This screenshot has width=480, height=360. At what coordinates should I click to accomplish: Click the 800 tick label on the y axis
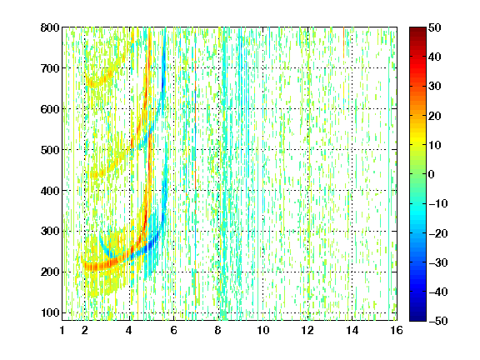pyautogui.click(x=50, y=27)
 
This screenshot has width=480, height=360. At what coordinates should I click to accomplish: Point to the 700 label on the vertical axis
pyautogui.click(x=50, y=68)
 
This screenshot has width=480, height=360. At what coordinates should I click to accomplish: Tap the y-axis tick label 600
pyautogui.click(x=50, y=109)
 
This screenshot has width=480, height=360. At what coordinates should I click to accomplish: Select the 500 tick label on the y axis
pyautogui.click(x=50, y=150)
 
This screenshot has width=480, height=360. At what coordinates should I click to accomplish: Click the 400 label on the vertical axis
pyautogui.click(x=50, y=191)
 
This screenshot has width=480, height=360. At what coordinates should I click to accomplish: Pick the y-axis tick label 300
pyautogui.click(x=50, y=231)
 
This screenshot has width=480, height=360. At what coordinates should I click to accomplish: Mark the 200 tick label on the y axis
pyautogui.click(x=50, y=272)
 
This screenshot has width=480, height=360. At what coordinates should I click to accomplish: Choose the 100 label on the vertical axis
pyautogui.click(x=50, y=312)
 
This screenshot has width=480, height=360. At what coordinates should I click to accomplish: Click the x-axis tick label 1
pyautogui.click(x=62, y=330)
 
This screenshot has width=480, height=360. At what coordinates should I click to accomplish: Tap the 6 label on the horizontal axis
pyautogui.click(x=174, y=330)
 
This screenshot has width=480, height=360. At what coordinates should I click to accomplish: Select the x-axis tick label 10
pyautogui.click(x=263, y=330)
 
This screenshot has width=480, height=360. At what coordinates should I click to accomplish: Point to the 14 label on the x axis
pyautogui.click(x=352, y=330)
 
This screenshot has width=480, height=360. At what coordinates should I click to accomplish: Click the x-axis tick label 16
pyautogui.click(x=397, y=330)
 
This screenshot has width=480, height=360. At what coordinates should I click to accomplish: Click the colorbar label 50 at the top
pyautogui.click(x=434, y=27)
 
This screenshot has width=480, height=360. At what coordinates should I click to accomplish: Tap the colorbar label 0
pyautogui.click(x=432, y=174)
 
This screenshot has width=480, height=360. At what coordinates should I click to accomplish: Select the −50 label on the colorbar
pyautogui.click(x=437, y=321)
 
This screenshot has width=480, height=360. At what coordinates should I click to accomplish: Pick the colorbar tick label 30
pyautogui.click(x=434, y=87)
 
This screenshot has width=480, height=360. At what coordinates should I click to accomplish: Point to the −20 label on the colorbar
pyautogui.click(x=437, y=233)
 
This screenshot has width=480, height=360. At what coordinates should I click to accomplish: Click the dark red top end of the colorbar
pyautogui.click(x=417, y=28)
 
